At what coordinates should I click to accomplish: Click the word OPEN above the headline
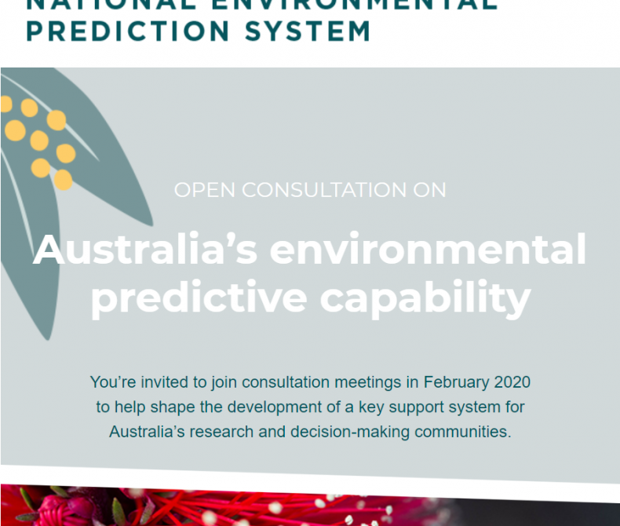[206, 190]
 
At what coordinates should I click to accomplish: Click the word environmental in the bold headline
[428, 250]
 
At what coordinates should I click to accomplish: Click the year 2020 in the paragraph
[512, 382]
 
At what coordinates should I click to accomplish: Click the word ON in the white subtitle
[432, 190]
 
